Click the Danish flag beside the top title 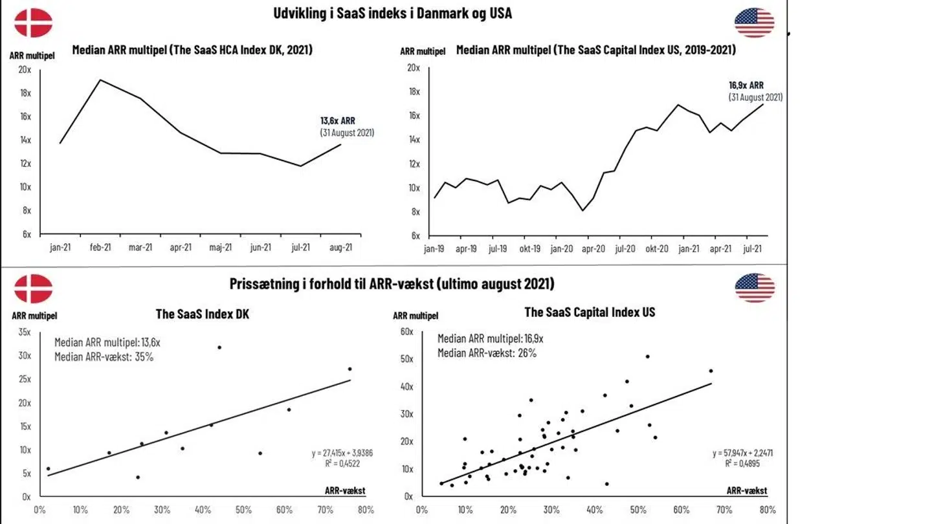coord(33,23)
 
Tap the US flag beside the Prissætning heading coord(755,288)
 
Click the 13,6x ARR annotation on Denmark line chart coord(337,120)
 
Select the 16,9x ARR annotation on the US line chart coord(746,85)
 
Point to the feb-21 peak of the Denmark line coord(100,80)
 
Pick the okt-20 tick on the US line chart coord(657,248)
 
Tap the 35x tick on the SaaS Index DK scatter coord(25,332)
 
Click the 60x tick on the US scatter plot coord(406,331)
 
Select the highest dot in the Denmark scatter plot coord(219,347)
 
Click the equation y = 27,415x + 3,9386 coord(342,453)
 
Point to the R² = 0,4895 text coord(742,463)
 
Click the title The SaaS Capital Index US coord(590,312)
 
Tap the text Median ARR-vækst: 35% coord(104,356)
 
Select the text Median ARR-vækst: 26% coord(487,353)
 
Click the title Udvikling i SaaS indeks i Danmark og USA coord(392,13)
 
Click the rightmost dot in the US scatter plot coord(711,371)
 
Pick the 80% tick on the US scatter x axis coord(767,510)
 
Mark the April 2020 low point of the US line coord(583,210)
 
